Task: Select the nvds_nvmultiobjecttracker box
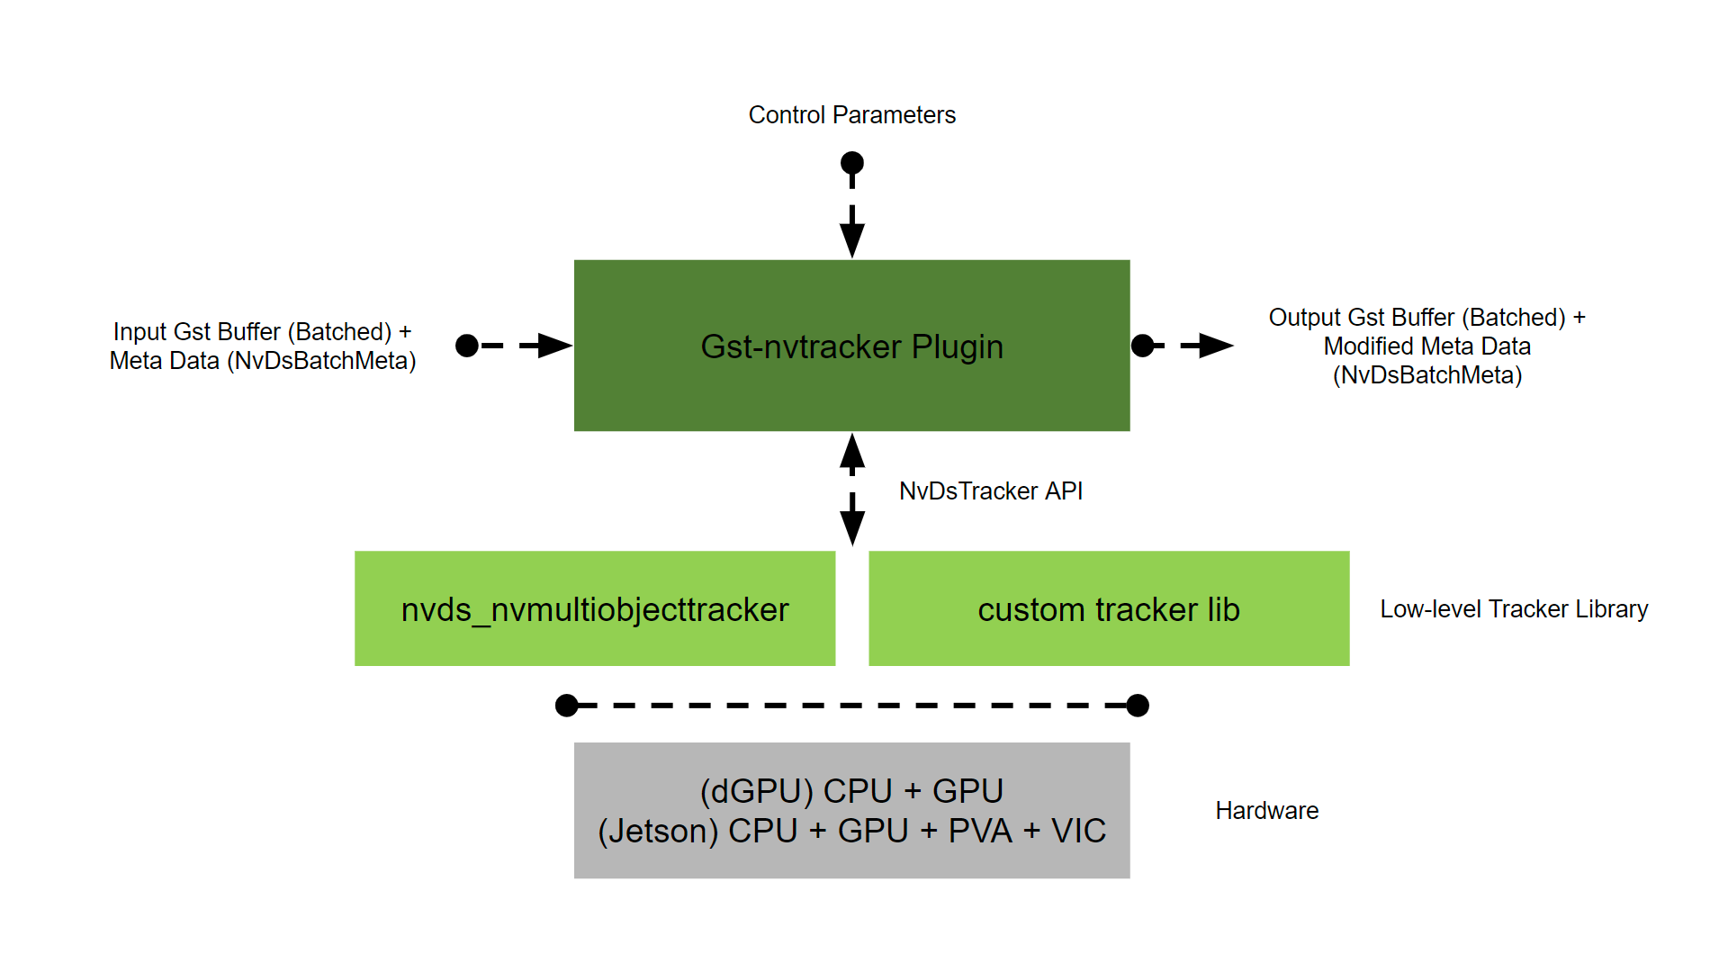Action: coord(594,609)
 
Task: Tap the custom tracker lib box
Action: coord(1108,609)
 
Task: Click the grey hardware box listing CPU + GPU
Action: coord(851,810)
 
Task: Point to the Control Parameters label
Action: coord(851,115)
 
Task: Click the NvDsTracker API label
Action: coord(990,491)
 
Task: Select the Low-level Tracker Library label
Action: coord(1514,609)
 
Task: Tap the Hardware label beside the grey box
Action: coord(1266,811)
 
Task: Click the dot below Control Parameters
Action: coord(851,163)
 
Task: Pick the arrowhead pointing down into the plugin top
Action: coord(851,239)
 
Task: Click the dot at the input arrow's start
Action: coord(467,346)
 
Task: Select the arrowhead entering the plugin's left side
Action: coord(553,346)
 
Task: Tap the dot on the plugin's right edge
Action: coord(1142,346)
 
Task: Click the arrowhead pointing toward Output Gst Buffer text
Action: coord(1215,346)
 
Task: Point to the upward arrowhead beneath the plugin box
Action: coord(851,452)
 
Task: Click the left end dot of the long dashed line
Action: coord(567,706)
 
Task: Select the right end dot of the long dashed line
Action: coord(1138,706)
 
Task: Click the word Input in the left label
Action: coord(139,332)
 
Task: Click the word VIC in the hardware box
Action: coord(1078,831)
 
